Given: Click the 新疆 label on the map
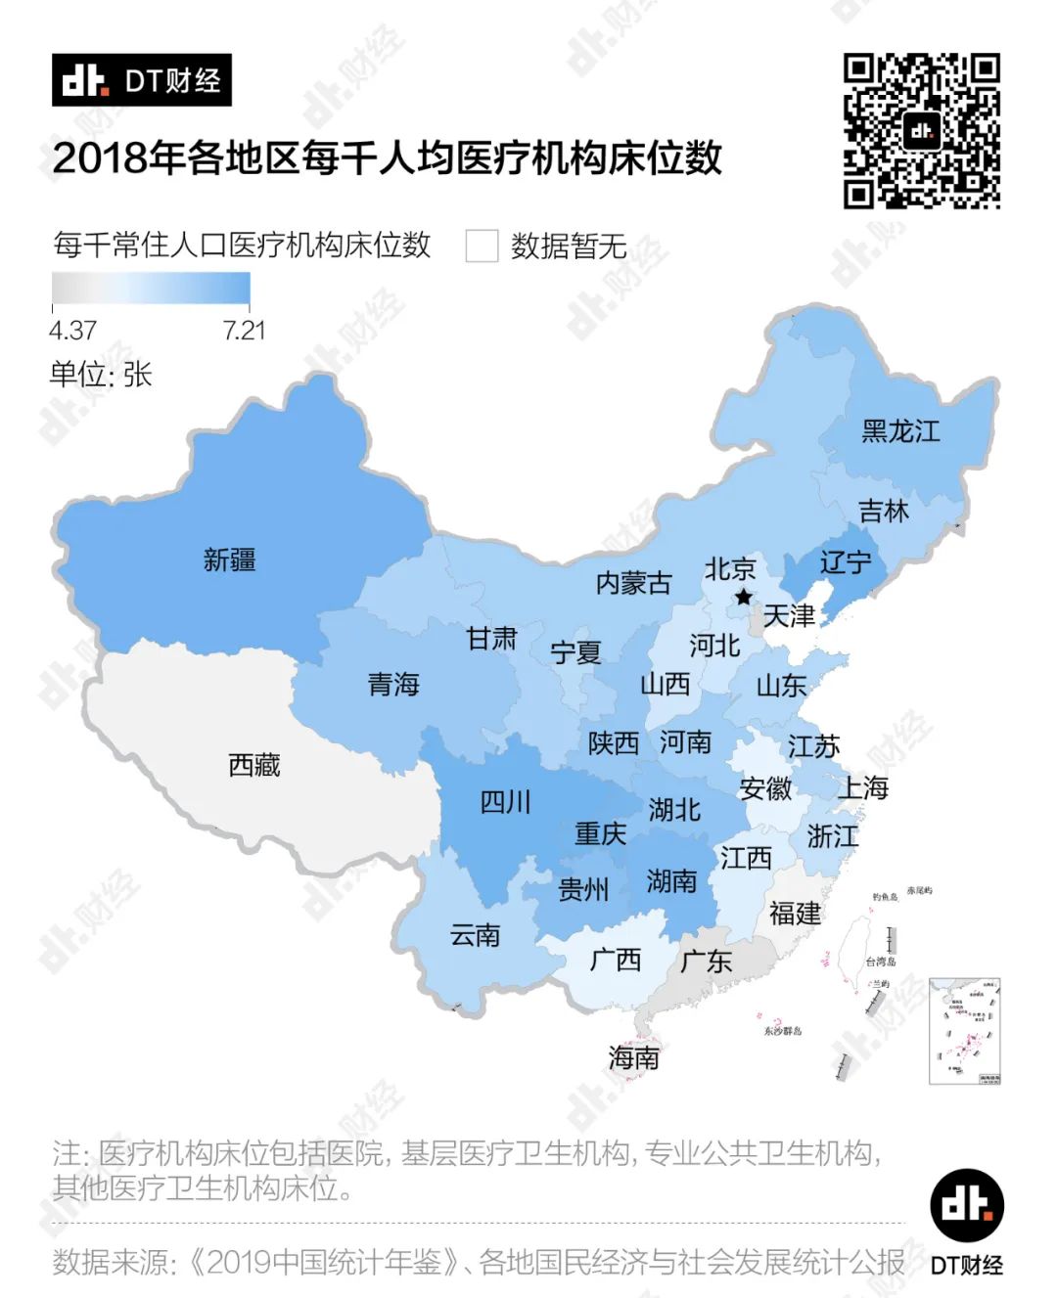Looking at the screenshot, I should tap(229, 559).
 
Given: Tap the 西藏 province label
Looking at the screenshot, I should tap(253, 764).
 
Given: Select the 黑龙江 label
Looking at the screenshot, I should tap(899, 430).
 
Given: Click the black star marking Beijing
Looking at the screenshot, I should tap(744, 597).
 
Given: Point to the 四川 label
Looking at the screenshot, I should tap(505, 803).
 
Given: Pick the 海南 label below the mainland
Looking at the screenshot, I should tap(633, 1057).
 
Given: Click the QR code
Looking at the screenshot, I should tap(921, 131).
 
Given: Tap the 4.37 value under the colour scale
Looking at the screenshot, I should tap(72, 331).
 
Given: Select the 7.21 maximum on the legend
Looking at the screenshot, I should tap(244, 331).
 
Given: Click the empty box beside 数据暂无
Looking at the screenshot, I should tap(482, 246).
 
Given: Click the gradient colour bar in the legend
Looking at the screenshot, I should tap(151, 289).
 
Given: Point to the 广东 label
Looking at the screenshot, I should tap(706, 961).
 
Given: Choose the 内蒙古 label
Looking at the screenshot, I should tap(633, 583).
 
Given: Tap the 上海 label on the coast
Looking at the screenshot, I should tap(862, 787).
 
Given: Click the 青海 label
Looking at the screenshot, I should tap(393, 684).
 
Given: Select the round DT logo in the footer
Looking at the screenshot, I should tap(966, 1205).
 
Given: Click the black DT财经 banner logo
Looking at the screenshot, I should tap(142, 80).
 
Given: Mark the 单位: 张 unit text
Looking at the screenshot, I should tap(101, 375).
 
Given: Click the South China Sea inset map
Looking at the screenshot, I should tap(964, 1031).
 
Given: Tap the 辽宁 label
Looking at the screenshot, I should tap(845, 561).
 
